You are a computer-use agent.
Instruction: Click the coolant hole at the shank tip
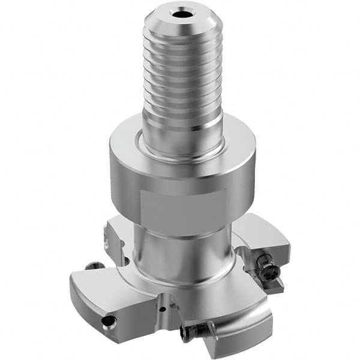[x=181, y=13]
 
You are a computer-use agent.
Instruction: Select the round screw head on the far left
[x=91, y=266]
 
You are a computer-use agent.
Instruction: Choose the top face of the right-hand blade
[x=264, y=237]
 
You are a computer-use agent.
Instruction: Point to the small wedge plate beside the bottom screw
[x=211, y=327]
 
